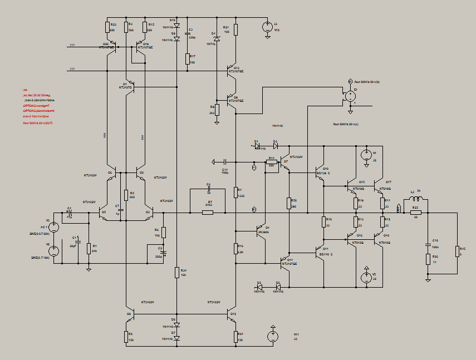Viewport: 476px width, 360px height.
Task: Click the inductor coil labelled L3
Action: [x=415, y=197]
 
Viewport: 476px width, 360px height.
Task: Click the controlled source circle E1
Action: [x=350, y=95]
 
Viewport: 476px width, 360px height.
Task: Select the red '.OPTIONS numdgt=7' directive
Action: [x=36, y=106]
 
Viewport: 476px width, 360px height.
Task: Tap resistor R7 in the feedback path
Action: [x=208, y=212]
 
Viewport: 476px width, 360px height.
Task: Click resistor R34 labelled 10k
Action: [x=176, y=272]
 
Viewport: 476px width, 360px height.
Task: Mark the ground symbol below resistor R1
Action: [x=89, y=269]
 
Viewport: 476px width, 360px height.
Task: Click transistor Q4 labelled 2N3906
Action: [x=260, y=231]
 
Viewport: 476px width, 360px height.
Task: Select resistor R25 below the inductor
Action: [x=415, y=212]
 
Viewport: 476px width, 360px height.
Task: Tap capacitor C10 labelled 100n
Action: [x=428, y=242]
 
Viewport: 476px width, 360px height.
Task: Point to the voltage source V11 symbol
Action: [x=273, y=336]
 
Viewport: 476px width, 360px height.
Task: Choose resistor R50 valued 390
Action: [x=289, y=204]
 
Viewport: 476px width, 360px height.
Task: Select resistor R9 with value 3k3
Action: [x=217, y=110]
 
